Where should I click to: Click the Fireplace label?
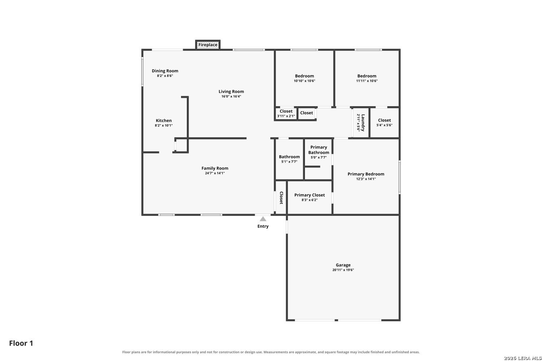point(208,45)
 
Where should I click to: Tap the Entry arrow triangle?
point(263,219)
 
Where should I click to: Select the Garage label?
point(343,265)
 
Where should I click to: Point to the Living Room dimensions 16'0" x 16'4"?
point(231,96)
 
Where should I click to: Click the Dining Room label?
point(165,71)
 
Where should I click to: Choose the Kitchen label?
point(164,121)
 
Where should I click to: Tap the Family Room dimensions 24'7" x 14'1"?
point(215,173)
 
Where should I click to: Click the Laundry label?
point(363,123)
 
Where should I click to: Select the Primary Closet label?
point(309,195)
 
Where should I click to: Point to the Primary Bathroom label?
point(319,150)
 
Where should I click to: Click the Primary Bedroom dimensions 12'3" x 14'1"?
point(366,179)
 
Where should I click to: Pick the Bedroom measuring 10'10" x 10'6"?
point(304,76)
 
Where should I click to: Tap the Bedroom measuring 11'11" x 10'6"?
point(367,76)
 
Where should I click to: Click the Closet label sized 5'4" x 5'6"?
point(384,120)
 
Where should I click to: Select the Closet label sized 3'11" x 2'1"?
point(286,111)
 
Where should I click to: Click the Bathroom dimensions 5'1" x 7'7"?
point(289,162)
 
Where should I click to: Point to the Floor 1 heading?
point(21,343)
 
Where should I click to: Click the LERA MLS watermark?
point(522,358)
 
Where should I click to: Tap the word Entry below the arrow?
point(263,226)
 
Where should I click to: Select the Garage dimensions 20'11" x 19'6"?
point(343,270)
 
